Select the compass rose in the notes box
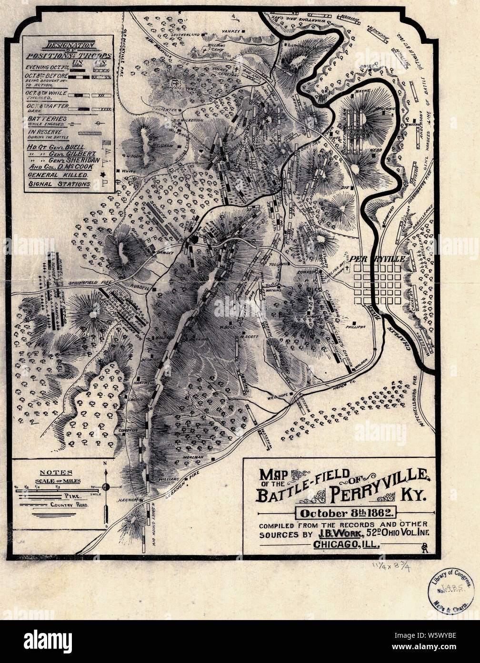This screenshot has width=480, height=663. click(106, 487)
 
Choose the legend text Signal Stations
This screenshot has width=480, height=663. click(59, 184)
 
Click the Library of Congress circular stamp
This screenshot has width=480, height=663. click(450, 590)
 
